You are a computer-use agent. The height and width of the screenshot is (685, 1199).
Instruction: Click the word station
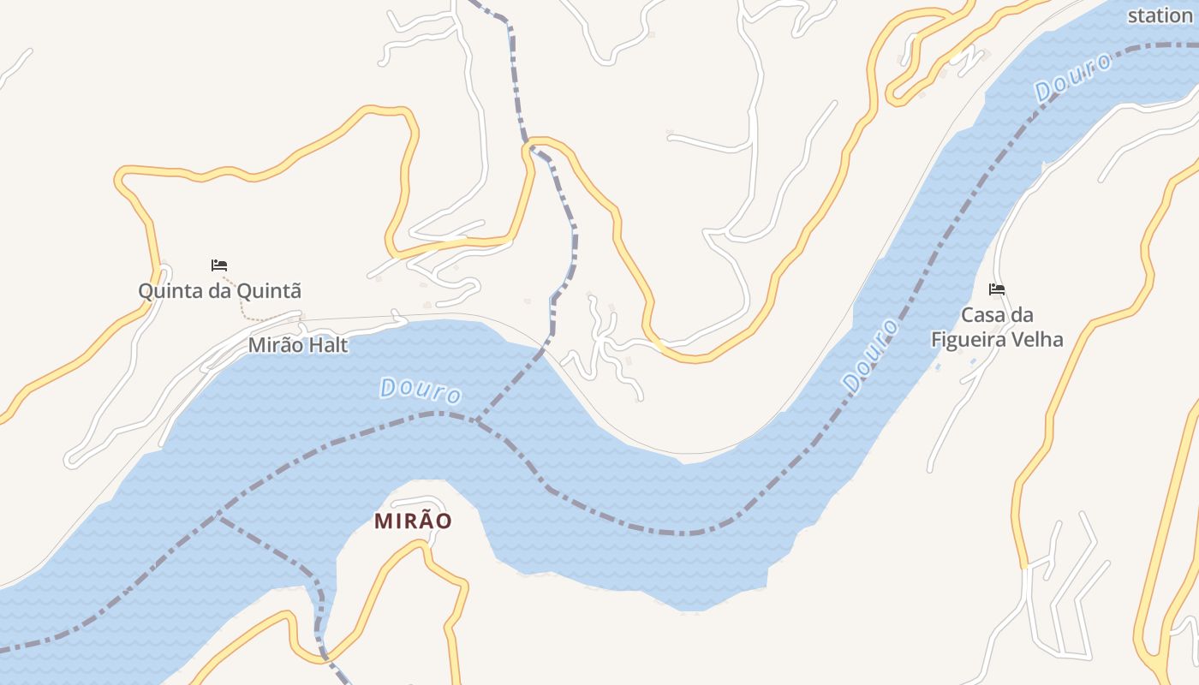point(1160,15)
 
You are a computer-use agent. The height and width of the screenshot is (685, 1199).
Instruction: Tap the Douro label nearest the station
point(1073,78)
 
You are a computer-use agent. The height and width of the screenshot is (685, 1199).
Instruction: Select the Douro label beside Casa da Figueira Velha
point(871,355)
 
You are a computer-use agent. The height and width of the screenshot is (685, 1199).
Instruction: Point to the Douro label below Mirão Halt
point(421,391)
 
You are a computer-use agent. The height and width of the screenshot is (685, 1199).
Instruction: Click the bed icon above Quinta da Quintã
point(219,265)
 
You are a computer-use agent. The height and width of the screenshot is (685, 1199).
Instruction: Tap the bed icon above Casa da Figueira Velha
point(997,289)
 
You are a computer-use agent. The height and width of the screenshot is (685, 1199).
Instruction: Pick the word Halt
point(330,346)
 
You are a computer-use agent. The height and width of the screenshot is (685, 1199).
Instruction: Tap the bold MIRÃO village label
point(413,521)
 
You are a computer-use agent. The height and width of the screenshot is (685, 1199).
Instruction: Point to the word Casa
point(985,315)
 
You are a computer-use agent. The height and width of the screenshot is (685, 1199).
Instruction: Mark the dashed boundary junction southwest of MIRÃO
point(219,517)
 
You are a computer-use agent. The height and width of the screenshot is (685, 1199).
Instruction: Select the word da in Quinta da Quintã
point(219,291)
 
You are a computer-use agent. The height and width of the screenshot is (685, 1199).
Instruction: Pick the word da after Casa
point(1023,315)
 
